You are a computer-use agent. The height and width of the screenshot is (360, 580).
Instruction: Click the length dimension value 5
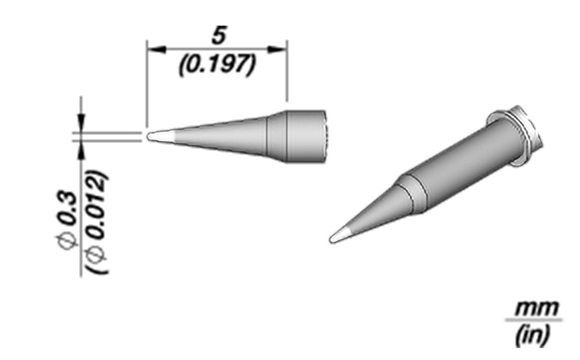tap(219, 36)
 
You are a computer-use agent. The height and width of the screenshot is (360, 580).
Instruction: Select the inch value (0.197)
tap(217, 65)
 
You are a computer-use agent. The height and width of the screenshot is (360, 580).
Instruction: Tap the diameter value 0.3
tap(68, 208)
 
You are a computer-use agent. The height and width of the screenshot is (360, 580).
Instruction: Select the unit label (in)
tap(533, 335)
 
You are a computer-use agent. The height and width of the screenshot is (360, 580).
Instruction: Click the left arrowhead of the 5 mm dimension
tap(157, 49)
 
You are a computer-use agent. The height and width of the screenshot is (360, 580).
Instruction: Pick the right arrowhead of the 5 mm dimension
tap(277, 49)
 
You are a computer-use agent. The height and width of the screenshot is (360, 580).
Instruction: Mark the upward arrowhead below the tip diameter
tap(81, 150)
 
